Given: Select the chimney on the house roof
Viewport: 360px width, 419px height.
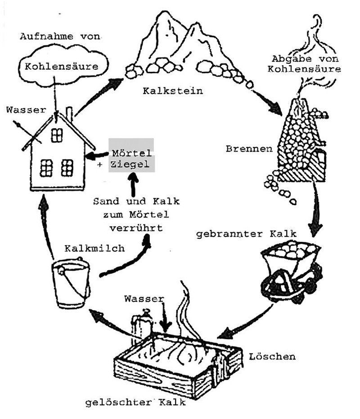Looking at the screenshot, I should click(69, 112).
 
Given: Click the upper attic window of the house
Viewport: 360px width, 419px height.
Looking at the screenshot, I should click(56, 134).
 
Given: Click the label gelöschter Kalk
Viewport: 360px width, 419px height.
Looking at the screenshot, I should click(135, 401).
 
